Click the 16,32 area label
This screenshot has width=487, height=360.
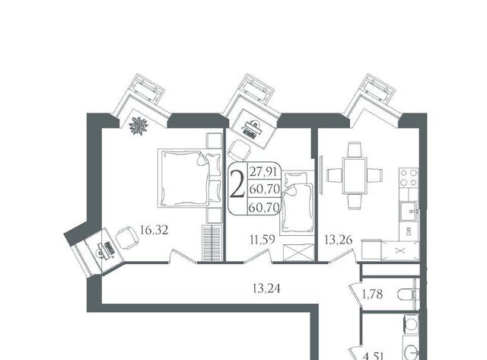[154, 230]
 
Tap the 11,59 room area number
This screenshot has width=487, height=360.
[263, 240]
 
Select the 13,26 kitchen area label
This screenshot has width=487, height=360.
[339, 240]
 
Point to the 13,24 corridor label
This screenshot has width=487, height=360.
[266, 288]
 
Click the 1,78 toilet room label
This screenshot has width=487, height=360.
[372, 294]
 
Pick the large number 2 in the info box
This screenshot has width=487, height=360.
[237, 187]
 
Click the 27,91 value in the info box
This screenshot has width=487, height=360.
[263, 171]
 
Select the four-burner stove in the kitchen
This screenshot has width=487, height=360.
[409, 177]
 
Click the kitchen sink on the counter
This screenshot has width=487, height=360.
[409, 212]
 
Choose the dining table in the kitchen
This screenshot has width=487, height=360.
[355, 175]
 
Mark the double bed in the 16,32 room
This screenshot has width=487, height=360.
[189, 178]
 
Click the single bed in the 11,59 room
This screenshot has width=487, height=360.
[298, 202]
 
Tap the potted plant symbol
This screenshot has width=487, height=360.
[138, 126]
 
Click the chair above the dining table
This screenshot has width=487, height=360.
[355, 149]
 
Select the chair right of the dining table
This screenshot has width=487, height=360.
[375, 175]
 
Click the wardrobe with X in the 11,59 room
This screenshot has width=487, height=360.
[299, 252]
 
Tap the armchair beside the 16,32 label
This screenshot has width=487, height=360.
[127, 237]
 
